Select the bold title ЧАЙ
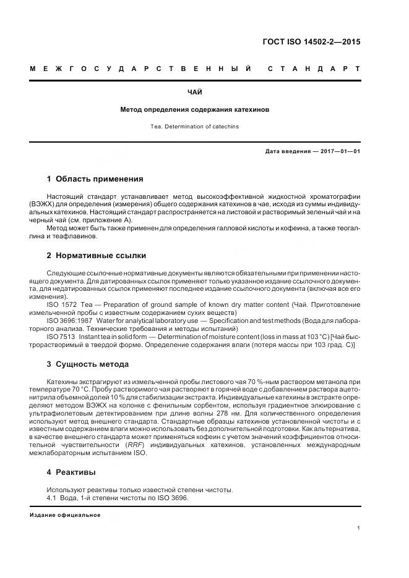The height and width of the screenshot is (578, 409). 194,93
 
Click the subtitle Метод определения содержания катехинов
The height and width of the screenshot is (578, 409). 194,109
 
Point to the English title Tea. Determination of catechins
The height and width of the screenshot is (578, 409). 194,126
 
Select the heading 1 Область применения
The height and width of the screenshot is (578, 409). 95,179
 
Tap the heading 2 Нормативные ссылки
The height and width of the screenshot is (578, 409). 97,255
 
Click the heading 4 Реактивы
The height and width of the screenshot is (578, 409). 71,472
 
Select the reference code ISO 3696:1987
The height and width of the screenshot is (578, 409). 69,320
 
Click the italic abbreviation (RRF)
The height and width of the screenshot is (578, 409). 134,445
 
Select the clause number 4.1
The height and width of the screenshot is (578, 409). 52,498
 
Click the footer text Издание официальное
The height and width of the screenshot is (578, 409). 65,515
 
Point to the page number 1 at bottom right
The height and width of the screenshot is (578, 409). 358,527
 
